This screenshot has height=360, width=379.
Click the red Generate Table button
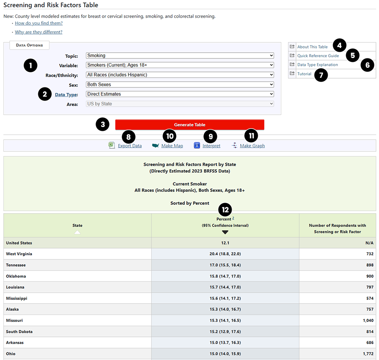(x=189, y=125)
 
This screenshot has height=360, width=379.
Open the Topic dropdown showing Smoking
(x=180, y=56)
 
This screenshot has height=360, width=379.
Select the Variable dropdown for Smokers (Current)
(x=180, y=65)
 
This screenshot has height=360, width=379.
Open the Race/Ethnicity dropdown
(x=180, y=75)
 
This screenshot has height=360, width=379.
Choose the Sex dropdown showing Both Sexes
(x=180, y=85)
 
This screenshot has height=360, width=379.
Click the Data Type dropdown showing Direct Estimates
(x=180, y=94)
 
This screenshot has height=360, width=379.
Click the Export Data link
(x=130, y=146)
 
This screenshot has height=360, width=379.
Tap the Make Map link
(x=172, y=146)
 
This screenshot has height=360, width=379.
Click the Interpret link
(x=211, y=146)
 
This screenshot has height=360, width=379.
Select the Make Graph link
(x=252, y=146)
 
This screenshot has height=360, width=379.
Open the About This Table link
(x=312, y=47)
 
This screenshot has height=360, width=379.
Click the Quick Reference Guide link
(x=318, y=56)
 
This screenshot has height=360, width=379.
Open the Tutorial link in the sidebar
(x=304, y=74)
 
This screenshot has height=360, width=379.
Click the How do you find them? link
(x=39, y=23)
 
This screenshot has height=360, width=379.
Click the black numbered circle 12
(x=225, y=209)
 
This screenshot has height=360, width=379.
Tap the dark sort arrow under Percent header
(x=225, y=232)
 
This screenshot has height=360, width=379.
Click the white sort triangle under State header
(x=77, y=232)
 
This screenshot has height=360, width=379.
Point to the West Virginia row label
(x=19, y=254)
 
